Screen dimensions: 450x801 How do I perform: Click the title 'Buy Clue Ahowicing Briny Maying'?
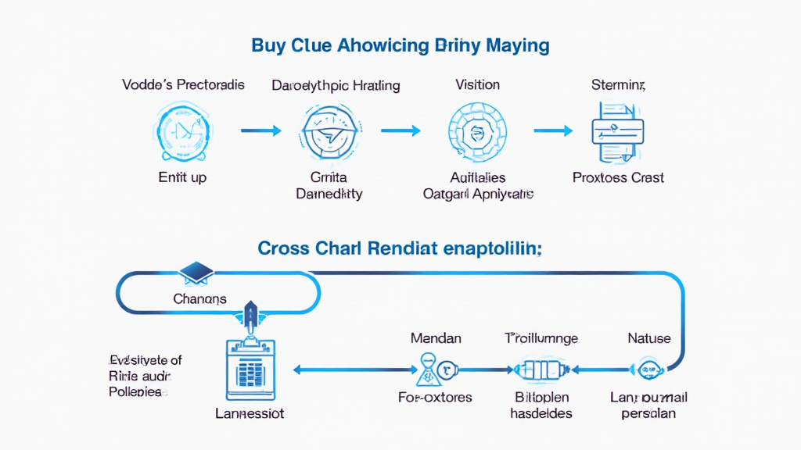coord(400,45)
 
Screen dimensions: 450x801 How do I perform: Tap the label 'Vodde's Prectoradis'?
coord(184,84)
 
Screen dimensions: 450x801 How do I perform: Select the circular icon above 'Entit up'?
coord(182,130)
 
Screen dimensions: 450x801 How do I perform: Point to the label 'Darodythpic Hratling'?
coord(336,85)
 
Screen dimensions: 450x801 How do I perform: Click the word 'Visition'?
coord(477,84)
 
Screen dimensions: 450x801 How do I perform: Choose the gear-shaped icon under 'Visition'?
coord(477,130)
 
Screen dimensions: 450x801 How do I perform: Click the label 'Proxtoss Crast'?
coord(618,177)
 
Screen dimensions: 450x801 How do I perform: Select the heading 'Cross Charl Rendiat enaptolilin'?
coord(400,248)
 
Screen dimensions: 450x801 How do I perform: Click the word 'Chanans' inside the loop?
coord(199,298)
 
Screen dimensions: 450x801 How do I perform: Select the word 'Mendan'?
coord(436,338)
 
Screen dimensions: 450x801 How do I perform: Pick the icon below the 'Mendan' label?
coord(434,367)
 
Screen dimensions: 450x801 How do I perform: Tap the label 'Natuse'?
coord(649,338)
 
